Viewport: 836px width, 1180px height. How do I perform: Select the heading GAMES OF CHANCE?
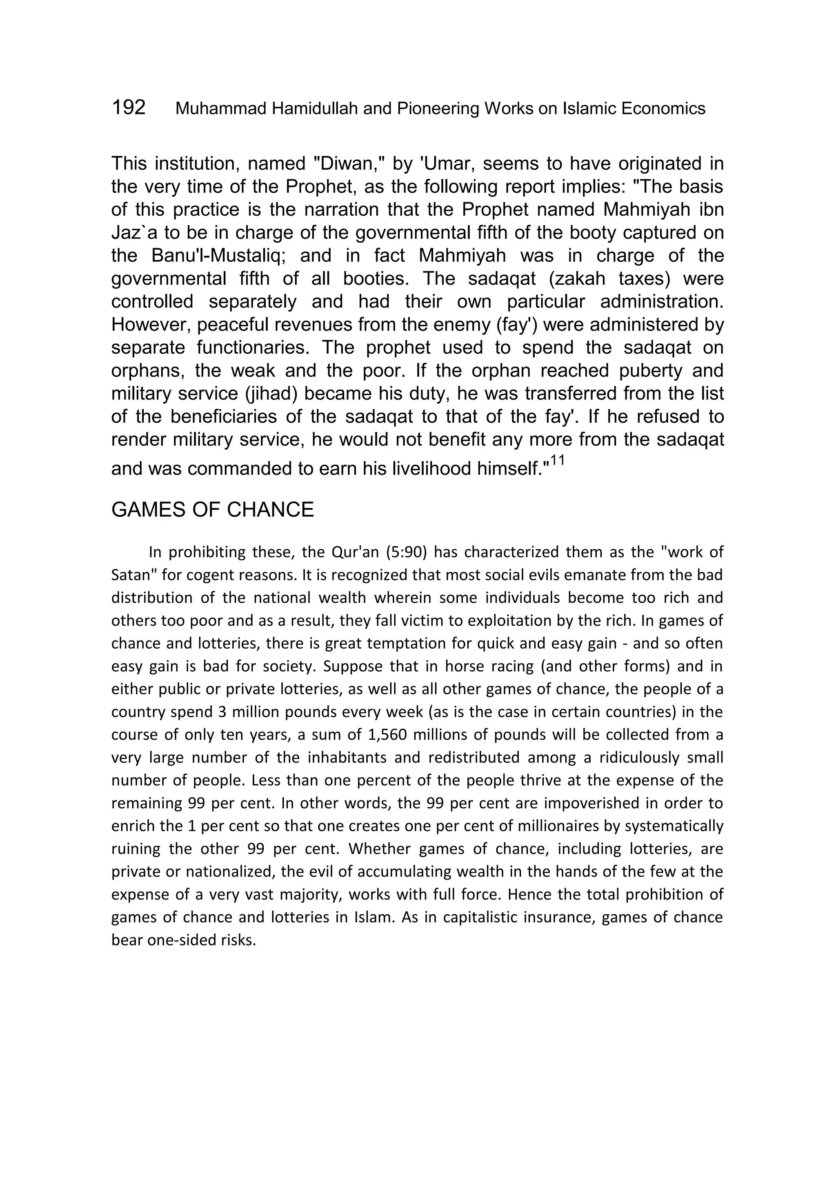pos(212,510)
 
